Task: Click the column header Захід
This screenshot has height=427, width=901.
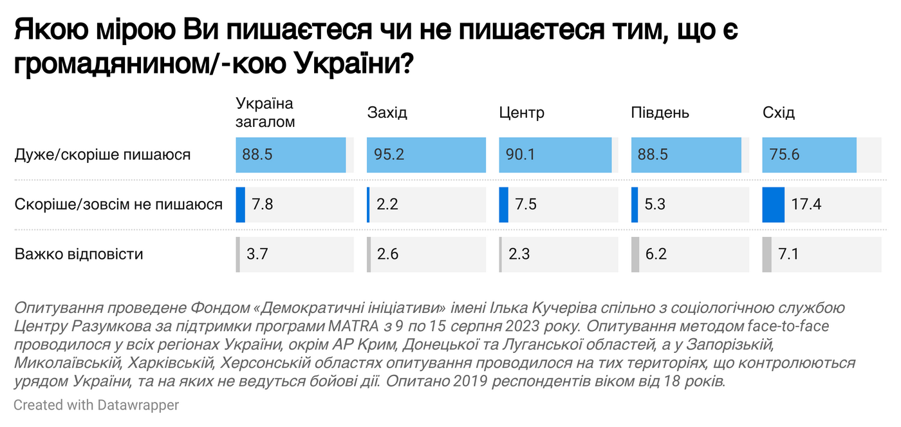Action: point(387,113)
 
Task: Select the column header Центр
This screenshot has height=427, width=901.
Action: point(521,113)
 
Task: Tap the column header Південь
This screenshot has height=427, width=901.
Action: point(660,113)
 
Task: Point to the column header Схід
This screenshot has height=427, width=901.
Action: point(778,113)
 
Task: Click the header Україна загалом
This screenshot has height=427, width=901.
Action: point(265,113)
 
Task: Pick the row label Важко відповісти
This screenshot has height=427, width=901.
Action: point(79,254)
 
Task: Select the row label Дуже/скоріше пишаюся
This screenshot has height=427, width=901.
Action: point(102,155)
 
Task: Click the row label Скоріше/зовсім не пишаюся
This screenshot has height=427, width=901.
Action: point(118,205)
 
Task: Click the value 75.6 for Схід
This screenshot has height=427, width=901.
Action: point(782,155)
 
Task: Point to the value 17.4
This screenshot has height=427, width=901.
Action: point(806,205)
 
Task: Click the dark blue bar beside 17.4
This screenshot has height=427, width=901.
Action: point(773,205)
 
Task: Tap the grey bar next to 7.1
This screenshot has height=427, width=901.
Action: point(766,254)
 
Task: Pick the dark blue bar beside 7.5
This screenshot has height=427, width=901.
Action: point(503,205)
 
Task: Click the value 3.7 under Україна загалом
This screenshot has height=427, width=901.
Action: point(257,254)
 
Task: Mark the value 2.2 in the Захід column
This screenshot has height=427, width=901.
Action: point(388,205)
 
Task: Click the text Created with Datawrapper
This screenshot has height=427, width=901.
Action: point(96,405)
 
